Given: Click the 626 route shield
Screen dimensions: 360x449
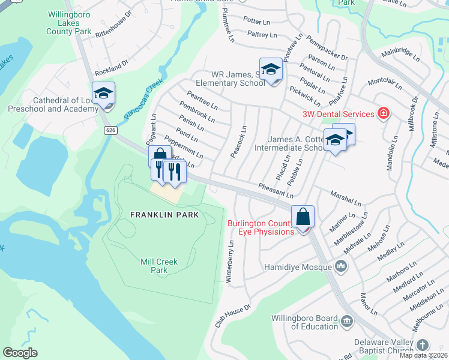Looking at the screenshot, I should tap(110, 130).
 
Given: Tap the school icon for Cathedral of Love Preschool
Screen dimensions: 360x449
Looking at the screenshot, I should tap(103, 94).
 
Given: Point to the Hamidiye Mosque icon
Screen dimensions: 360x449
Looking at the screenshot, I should tap(342, 265).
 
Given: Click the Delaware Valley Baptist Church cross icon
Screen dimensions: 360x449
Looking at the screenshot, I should tap(423, 345).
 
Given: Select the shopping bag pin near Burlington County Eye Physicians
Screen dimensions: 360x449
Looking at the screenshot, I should tap(303, 217).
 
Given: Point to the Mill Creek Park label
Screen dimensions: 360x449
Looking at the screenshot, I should tap(159, 266).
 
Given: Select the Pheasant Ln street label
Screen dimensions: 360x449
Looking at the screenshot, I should tap(276, 190).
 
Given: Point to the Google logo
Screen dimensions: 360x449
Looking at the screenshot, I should tap(20, 353).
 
